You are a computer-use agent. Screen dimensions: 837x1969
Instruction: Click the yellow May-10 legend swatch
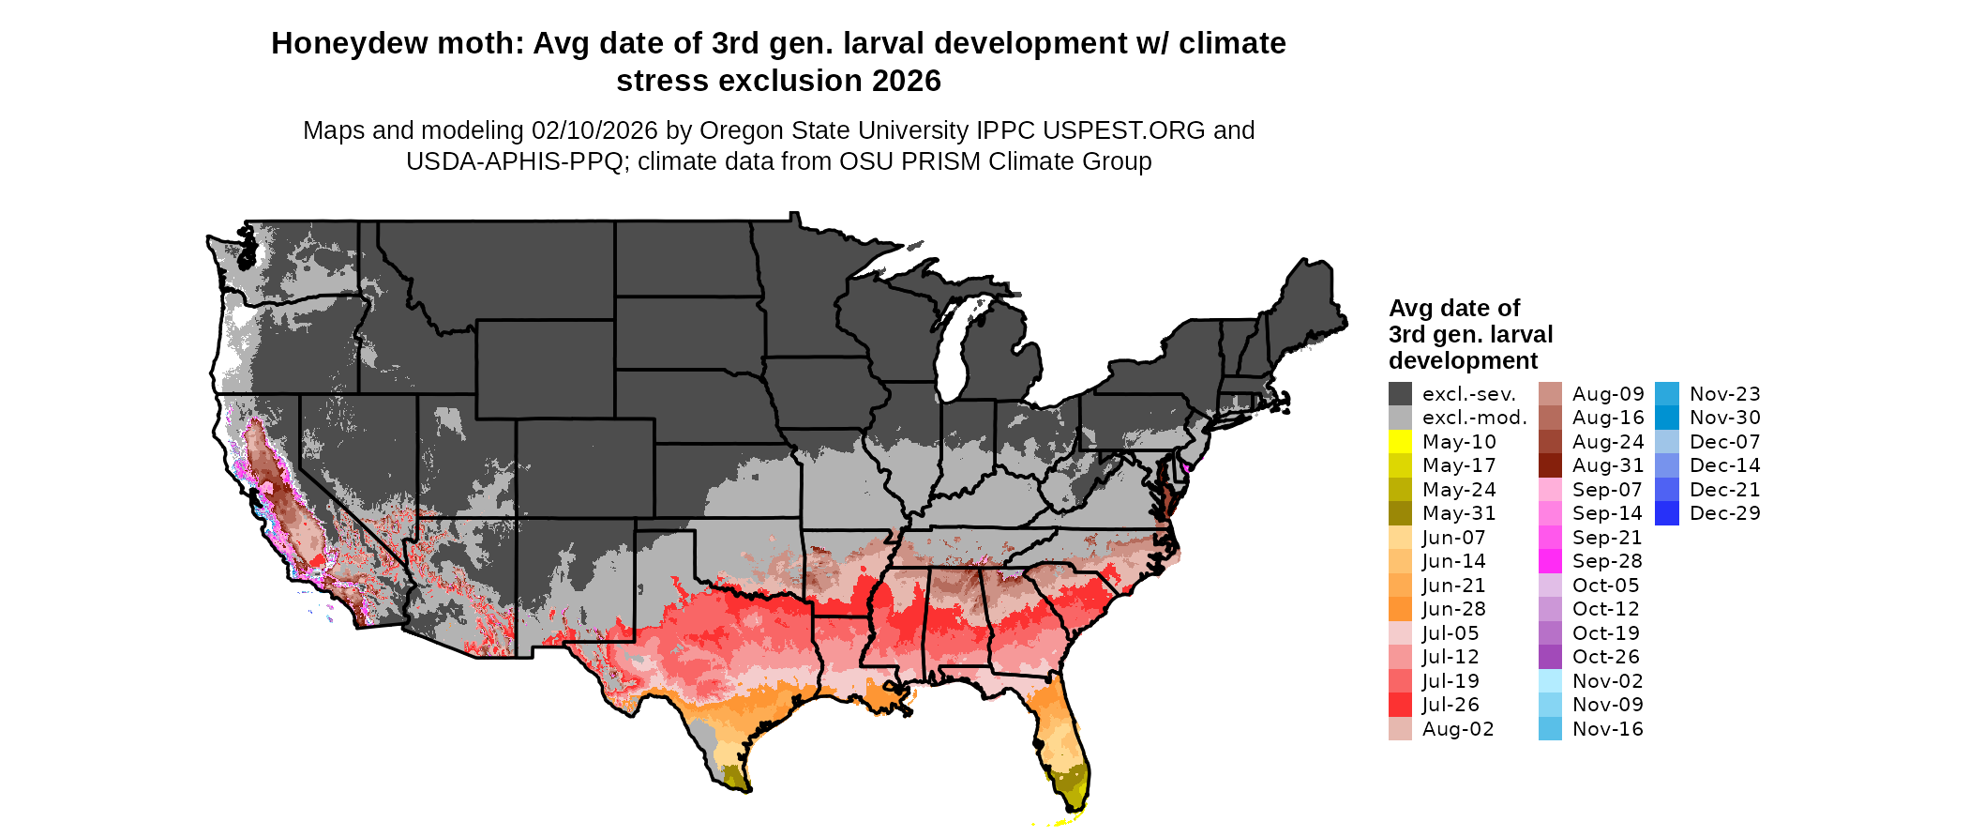click(x=1400, y=442)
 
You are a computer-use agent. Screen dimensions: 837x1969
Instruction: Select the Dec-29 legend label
click(x=1724, y=513)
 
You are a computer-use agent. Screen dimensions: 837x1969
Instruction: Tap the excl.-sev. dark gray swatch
click(x=1400, y=394)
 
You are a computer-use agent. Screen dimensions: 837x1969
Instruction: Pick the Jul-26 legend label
click(x=1450, y=705)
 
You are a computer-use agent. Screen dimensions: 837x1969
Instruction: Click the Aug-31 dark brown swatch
click(x=1550, y=465)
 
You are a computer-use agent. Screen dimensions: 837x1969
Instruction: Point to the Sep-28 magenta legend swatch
click(x=1550, y=561)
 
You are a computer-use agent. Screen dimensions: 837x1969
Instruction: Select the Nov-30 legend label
click(x=1724, y=418)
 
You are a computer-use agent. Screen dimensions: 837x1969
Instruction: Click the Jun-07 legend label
click(x=1453, y=538)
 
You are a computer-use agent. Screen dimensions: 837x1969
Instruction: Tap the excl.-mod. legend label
click(x=1474, y=418)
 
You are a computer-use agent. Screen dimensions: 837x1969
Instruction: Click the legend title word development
click(x=1463, y=361)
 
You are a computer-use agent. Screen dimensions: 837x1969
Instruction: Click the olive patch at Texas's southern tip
click(x=734, y=775)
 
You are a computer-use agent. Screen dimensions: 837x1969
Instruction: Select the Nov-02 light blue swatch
click(x=1550, y=681)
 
